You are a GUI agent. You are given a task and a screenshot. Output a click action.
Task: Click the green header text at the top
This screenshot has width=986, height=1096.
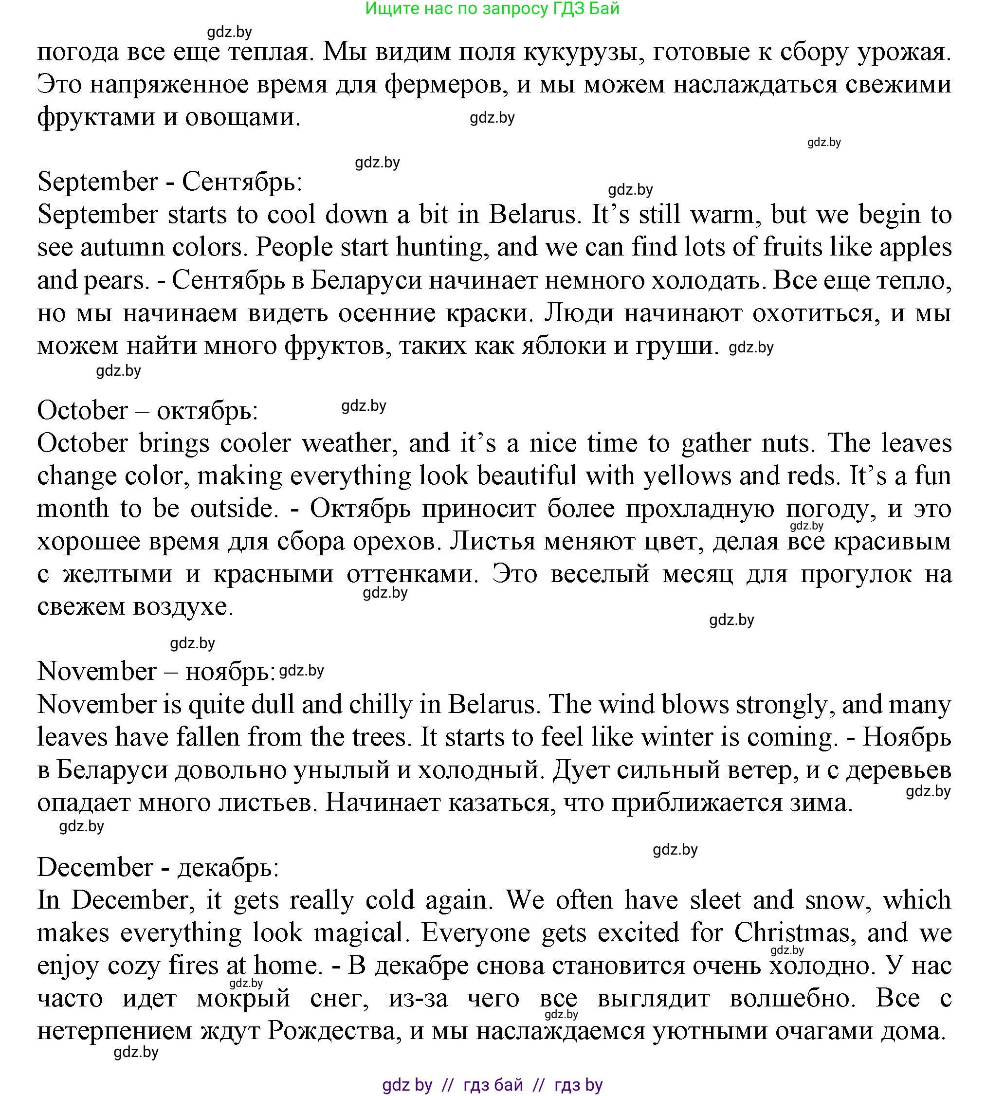click(x=492, y=9)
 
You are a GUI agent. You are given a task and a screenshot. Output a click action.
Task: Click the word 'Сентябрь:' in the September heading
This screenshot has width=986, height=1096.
click(x=241, y=182)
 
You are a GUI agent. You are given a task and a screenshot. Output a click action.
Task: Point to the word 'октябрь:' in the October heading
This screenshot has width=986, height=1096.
click(x=207, y=411)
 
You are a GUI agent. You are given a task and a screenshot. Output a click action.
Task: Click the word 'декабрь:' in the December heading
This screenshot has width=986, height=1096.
click(x=228, y=868)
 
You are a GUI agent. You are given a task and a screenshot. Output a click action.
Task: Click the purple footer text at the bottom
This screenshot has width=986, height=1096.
click(x=492, y=1085)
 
